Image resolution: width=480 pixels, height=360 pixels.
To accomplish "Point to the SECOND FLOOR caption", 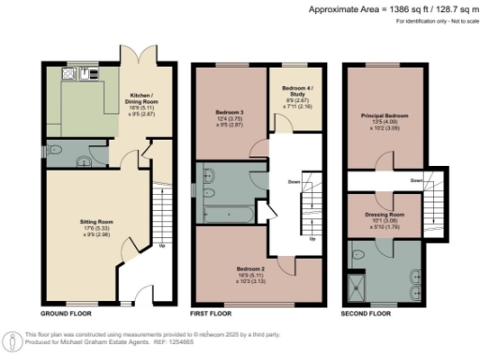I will coord(367,312).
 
